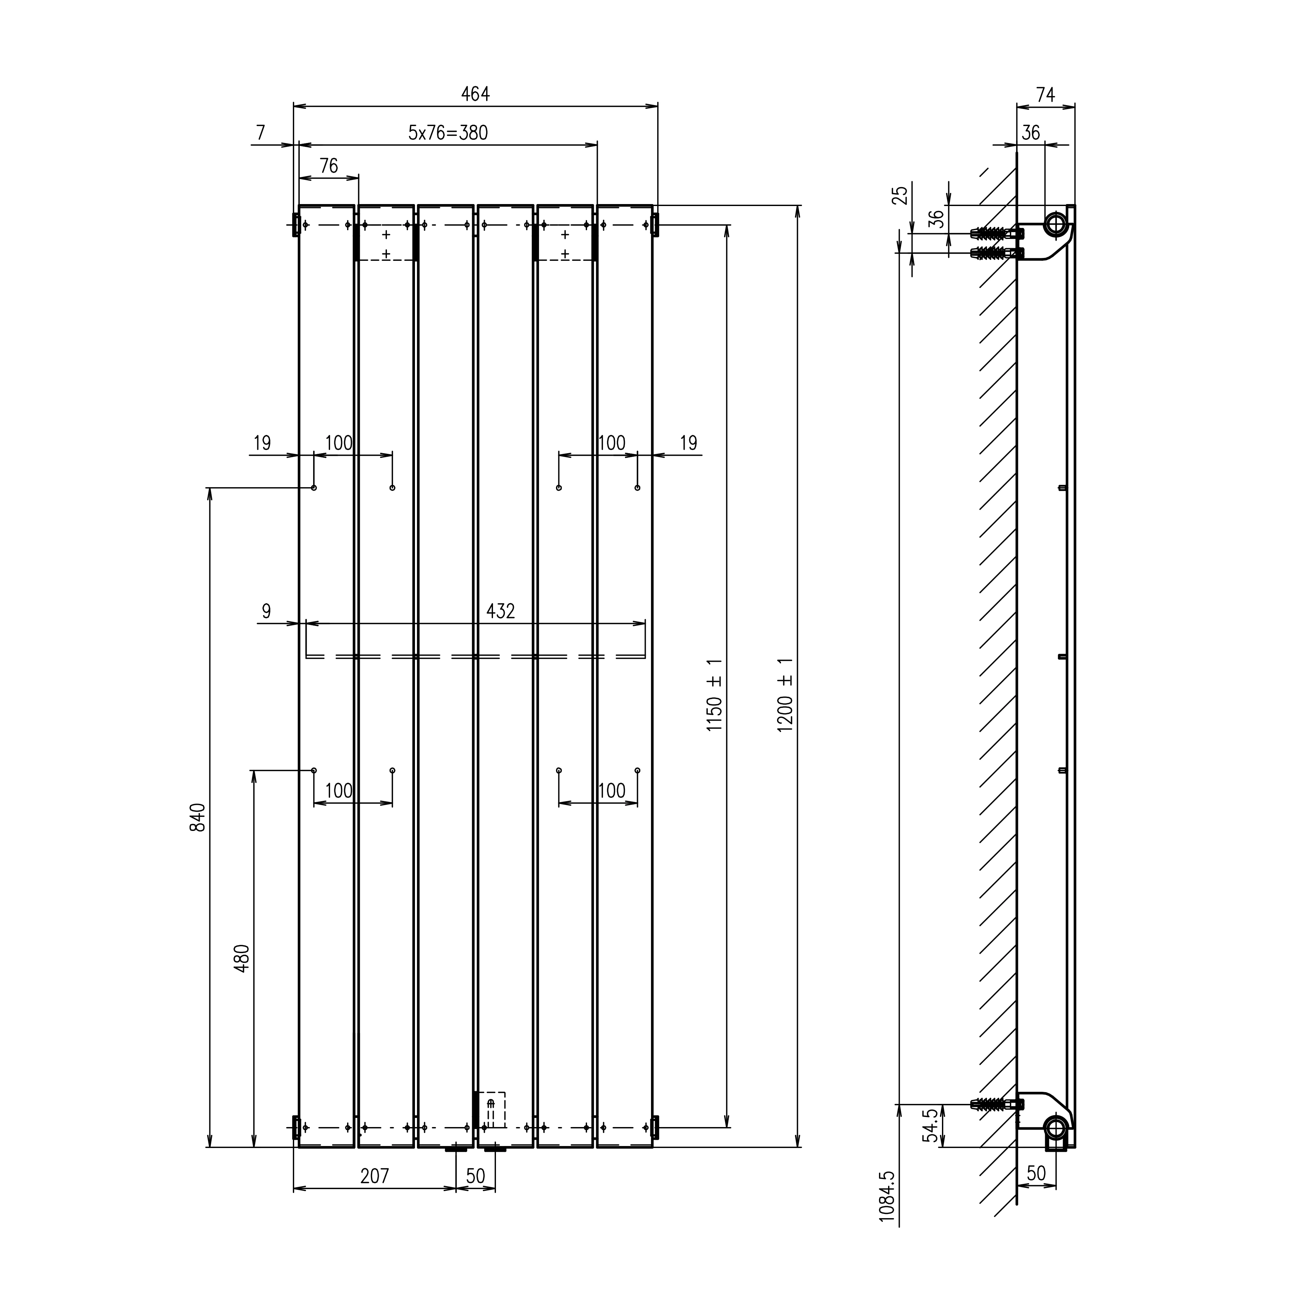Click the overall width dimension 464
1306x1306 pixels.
tap(475, 94)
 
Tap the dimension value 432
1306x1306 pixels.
tap(500, 611)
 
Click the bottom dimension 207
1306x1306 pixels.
tap(374, 1176)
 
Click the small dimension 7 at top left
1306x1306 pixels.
tap(261, 133)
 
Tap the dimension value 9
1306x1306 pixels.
tap(266, 611)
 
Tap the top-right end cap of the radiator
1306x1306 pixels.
tap(654, 224)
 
